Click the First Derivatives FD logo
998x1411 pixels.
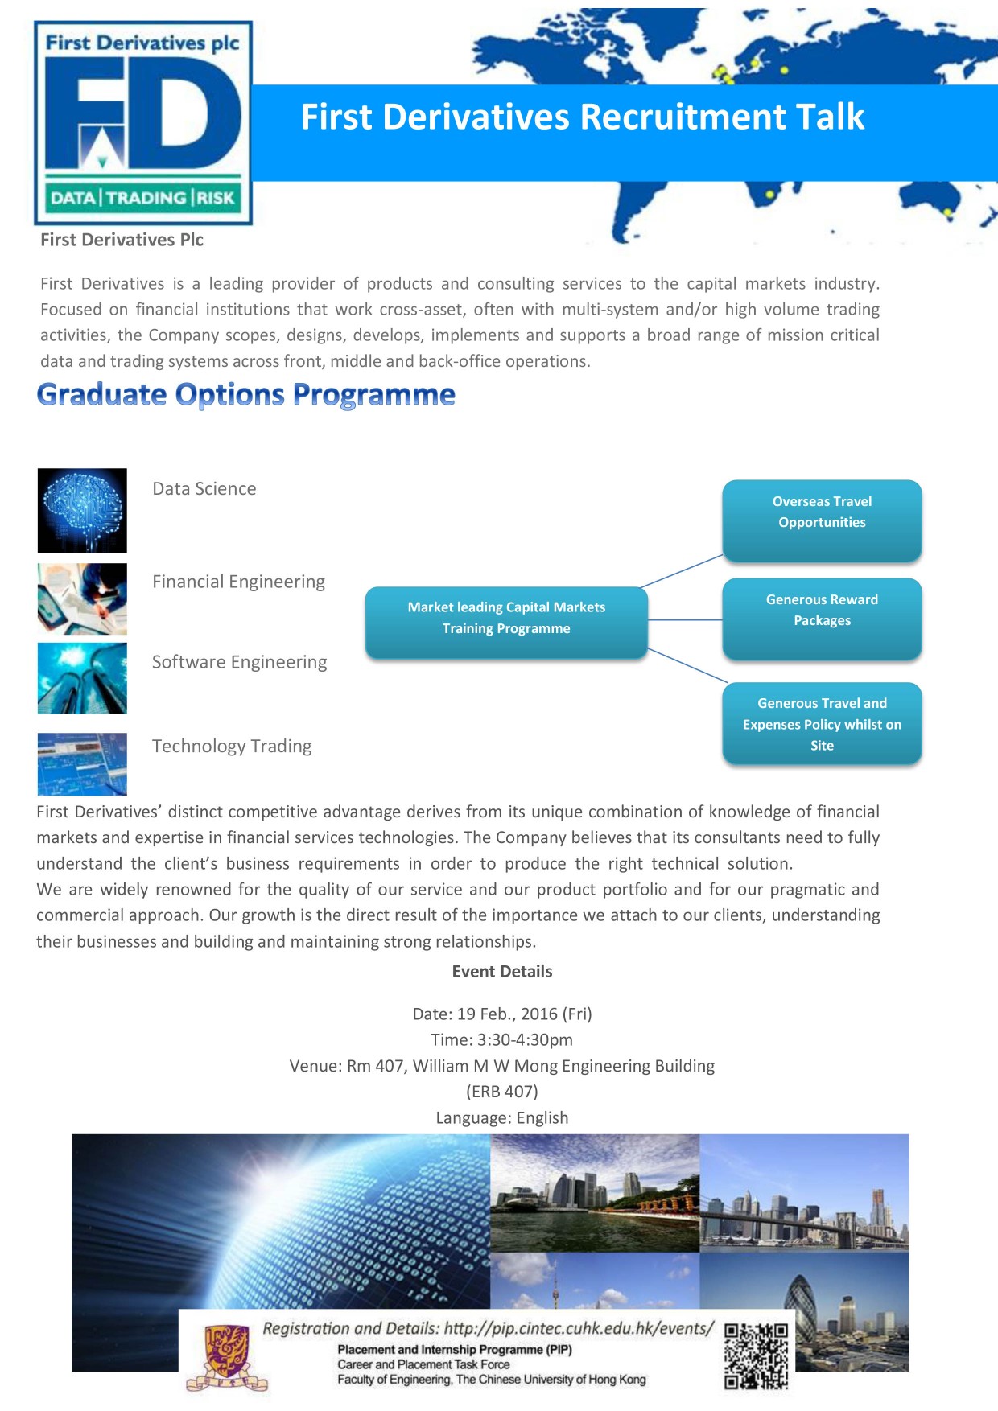(143, 123)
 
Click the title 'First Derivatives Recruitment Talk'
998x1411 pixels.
(583, 117)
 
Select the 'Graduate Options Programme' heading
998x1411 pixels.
(246, 395)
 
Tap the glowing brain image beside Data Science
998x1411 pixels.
(82, 511)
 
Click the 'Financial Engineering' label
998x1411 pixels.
(239, 582)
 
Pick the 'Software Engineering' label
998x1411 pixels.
(240, 662)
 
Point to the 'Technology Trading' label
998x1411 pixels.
(232, 747)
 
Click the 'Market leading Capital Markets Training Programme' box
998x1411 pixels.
(506, 623)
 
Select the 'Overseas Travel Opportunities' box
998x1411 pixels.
(822, 520)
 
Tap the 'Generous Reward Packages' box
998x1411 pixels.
(822, 619)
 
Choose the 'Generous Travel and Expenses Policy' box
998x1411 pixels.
(822, 723)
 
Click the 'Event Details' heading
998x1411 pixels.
(502, 972)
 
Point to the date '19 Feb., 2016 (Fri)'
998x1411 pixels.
(525, 1014)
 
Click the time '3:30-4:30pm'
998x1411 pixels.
(525, 1040)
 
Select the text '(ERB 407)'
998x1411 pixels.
(502, 1092)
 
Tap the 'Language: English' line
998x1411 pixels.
(502, 1118)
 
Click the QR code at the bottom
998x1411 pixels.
(756, 1356)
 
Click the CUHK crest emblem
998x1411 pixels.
(226, 1356)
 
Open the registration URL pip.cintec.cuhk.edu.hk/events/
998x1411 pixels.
(579, 1329)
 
